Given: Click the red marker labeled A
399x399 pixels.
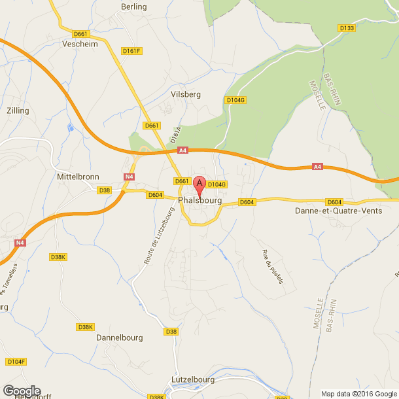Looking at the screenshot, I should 200,184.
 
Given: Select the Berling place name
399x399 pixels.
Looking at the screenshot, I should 134,7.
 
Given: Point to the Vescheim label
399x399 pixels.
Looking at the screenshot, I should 79,44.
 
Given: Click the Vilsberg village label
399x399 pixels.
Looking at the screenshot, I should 185,94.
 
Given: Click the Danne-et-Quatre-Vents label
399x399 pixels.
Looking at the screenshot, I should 338,211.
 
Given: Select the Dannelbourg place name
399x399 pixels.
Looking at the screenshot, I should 119,338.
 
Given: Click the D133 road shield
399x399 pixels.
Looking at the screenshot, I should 347,28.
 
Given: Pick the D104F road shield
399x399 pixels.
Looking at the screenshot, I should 16,362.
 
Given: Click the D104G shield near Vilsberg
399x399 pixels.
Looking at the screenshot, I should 235,100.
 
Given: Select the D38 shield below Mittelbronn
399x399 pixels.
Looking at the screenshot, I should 104,190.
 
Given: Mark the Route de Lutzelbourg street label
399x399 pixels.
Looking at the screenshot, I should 157,236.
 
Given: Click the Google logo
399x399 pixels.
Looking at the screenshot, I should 21,390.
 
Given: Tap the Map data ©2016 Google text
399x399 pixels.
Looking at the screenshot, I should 358,393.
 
